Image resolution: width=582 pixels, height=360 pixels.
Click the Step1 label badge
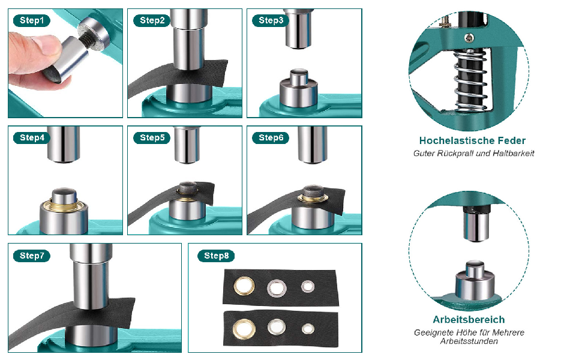click(32, 20)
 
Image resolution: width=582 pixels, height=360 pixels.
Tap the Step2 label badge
click(152, 20)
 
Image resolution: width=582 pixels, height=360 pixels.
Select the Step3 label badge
click(271, 20)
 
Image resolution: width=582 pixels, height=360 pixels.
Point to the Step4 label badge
click(32, 137)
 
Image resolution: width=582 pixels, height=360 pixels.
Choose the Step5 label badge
click(152, 137)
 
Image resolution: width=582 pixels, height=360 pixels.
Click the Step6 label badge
click(271, 137)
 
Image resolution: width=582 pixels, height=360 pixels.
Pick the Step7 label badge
click(32, 256)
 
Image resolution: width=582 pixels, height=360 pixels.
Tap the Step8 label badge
click(216, 256)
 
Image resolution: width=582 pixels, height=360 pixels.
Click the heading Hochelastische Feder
click(472, 140)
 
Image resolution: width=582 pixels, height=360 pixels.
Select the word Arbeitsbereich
click(469, 320)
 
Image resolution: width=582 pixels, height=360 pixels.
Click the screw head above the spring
click(469, 38)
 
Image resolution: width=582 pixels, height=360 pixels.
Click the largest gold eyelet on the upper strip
click(244, 286)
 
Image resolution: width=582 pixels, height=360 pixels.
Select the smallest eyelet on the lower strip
click(308, 329)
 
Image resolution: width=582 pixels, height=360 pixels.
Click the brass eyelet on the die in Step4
click(64, 204)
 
